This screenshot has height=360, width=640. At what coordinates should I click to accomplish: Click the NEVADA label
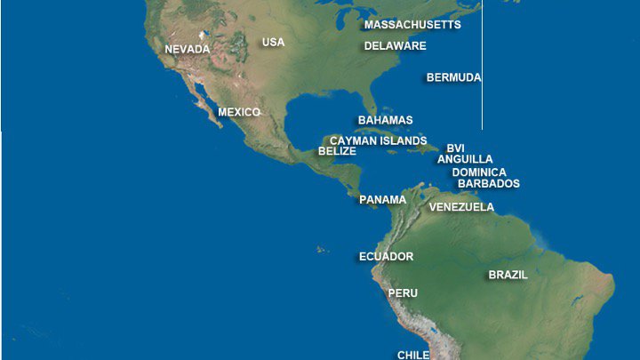click(x=188, y=49)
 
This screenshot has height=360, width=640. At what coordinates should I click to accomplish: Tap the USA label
click(x=273, y=42)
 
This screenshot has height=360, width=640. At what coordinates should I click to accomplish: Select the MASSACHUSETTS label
click(x=412, y=25)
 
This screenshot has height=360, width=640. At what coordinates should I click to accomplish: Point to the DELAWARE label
click(x=396, y=45)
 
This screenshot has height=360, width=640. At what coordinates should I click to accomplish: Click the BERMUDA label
click(x=453, y=77)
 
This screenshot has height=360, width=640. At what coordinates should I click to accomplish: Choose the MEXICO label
click(x=239, y=112)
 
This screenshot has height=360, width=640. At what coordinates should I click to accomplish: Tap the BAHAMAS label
click(x=385, y=120)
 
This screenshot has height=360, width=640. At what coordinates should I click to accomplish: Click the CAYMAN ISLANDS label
click(x=378, y=140)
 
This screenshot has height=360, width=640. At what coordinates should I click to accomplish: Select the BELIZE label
click(x=337, y=151)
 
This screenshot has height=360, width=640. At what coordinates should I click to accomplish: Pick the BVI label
click(x=455, y=148)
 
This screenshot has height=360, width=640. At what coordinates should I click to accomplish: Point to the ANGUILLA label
click(x=465, y=159)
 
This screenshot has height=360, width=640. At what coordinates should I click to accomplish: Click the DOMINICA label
click(x=479, y=172)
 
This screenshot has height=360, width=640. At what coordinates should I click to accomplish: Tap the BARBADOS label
click(x=489, y=184)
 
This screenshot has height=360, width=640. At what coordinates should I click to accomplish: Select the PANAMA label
click(x=382, y=200)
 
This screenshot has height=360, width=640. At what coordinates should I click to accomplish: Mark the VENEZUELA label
click(x=461, y=207)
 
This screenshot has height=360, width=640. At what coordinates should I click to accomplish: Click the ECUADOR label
click(x=386, y=257)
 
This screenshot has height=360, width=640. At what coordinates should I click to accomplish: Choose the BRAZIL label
click(x=508, y=276)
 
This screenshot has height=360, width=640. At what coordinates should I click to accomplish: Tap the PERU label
click(x=403, y=292)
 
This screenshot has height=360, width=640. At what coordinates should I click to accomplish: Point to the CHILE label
click(x=413, y=355)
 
